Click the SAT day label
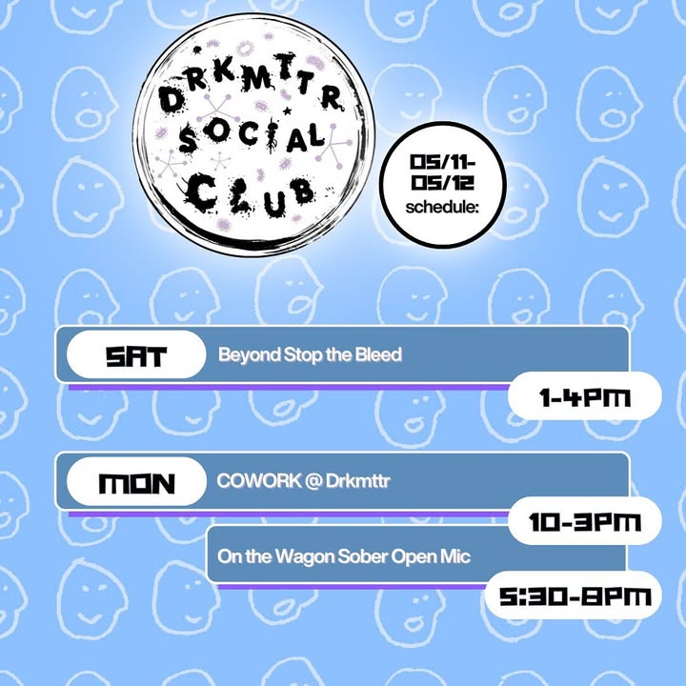click(136, 355)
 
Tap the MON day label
click(136, 483)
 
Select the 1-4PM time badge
click(584, 396)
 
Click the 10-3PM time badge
click(584, 521)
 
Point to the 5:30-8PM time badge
click(574, 595)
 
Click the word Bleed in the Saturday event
click(378, 354)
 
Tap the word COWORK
click(259, 481)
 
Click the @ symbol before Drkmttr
click(313, 481)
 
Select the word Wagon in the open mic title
click(305, 557)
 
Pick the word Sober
click(363, 556)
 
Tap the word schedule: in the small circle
click(442, 207)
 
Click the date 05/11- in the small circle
click(442, 162)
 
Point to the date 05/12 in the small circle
click(442, 182)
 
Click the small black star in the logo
click(288, 111)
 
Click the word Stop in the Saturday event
click(303, 355)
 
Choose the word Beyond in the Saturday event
click(250, 355)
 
